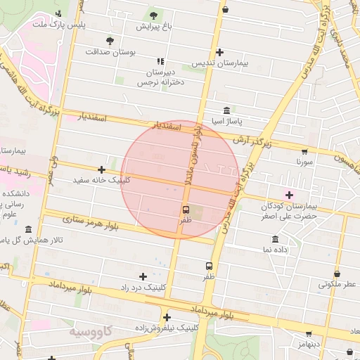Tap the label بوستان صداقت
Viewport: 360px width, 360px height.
pos(110,52)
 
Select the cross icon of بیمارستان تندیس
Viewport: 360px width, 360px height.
pos(220,52)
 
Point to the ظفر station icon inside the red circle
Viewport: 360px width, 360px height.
pos(186,209)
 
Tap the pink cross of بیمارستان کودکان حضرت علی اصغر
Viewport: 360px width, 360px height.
pos(289,194)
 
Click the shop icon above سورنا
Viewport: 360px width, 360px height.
pos(304,150)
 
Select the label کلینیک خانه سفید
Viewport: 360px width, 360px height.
pos(101,180)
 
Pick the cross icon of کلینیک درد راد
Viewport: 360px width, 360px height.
pos(143,276)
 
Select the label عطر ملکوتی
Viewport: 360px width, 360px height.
pos(337,285)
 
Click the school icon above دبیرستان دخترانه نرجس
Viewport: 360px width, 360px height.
pos(160,62)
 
